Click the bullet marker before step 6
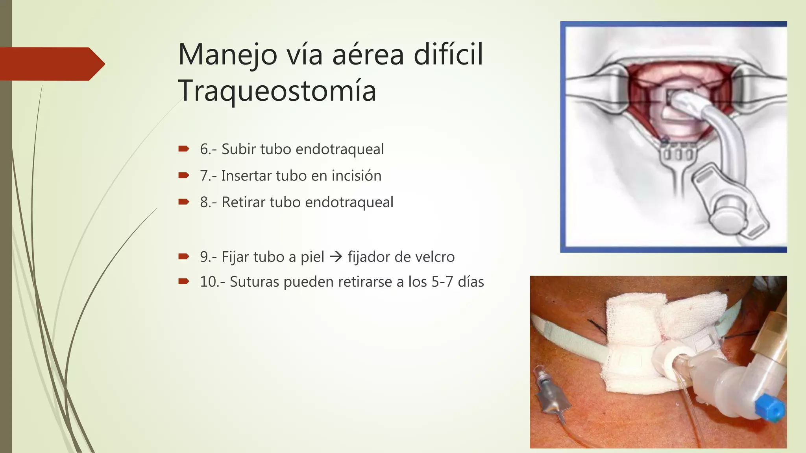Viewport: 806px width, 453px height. coord(184,149)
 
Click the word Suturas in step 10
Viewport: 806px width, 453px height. coord(254,282)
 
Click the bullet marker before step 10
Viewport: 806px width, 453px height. coord(184,281)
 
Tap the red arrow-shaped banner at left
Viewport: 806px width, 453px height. coord(51,64)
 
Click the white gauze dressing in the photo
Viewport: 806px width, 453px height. coord(634,322)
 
